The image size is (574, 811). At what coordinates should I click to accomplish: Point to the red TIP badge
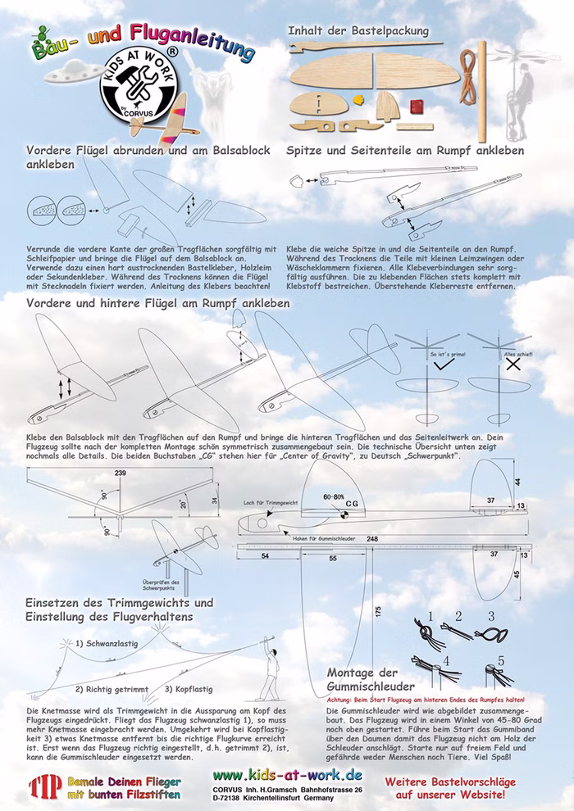(40, 786)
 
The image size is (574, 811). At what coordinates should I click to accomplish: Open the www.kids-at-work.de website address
(286, 774)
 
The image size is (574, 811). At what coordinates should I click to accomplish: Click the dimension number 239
(121, 473)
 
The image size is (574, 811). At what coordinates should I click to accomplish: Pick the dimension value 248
(373, 538)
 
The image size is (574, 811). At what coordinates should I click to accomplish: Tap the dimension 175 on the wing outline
(377, 610)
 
